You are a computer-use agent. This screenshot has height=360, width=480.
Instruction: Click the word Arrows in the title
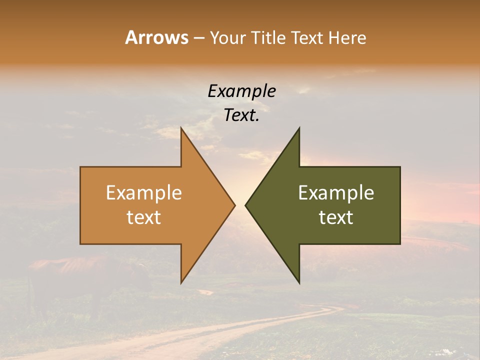tap(156, 37)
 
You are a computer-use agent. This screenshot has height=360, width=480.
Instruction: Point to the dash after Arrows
tap(198, 38)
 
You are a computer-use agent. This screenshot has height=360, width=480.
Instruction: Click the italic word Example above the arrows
tap(241, 91)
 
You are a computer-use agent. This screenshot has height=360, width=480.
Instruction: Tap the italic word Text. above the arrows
tap(241, 115)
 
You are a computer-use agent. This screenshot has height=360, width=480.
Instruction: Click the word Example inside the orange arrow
tap(143, 192)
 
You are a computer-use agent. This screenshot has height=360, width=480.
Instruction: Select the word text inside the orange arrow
tap(143, 217)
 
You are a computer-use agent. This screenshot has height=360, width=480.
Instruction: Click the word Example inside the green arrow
tap(336, 192)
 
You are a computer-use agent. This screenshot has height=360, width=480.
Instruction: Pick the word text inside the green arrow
tap(336, 217)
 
